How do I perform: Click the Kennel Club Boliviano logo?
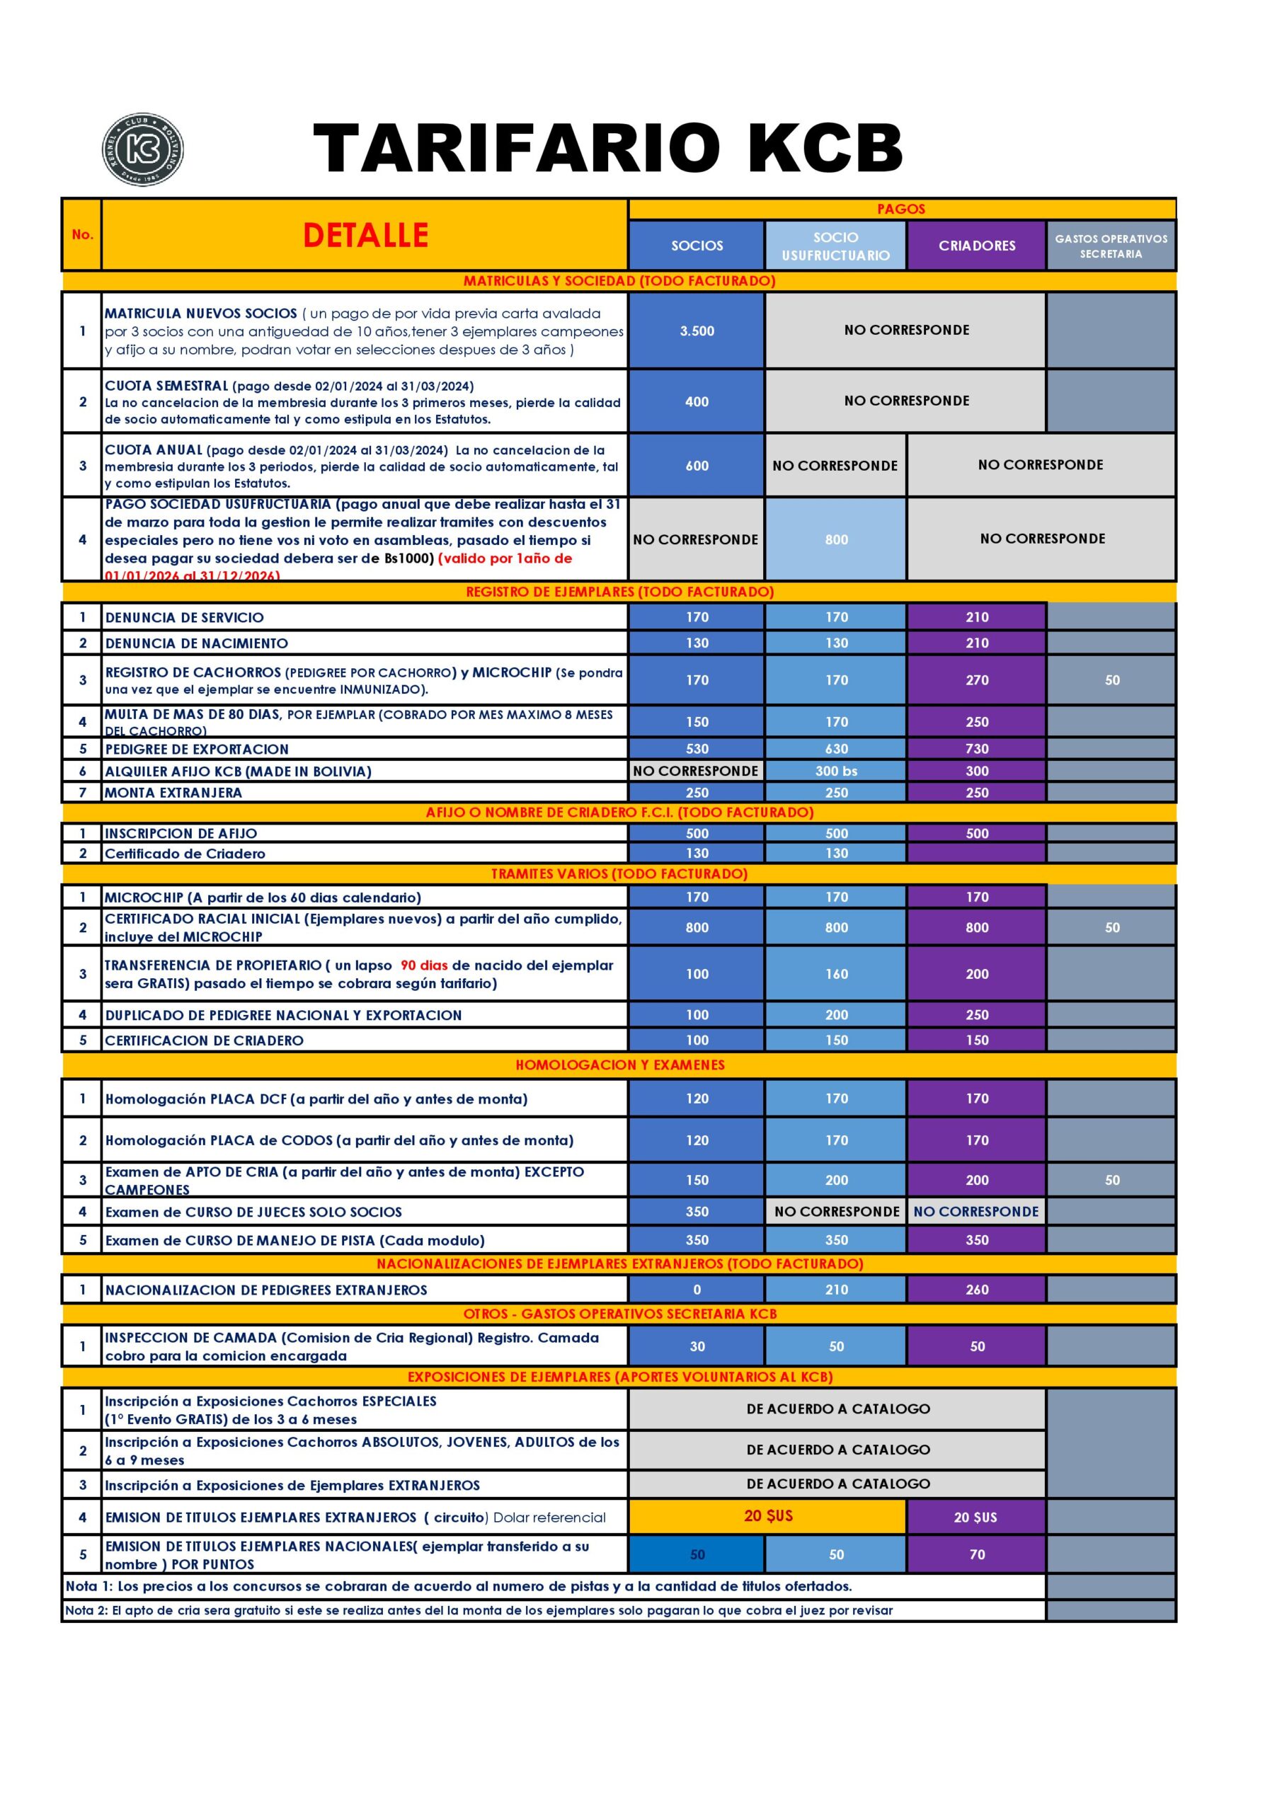coord(143,149)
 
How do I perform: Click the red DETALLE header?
coord(365,235)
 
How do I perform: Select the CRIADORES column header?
coord(976,246)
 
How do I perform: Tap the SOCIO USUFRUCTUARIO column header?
coord(835,246)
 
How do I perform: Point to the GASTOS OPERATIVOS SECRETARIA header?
coord(1111,246)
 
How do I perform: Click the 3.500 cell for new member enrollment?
coord(697,331)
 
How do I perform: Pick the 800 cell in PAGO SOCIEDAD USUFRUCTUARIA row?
coord(836,540)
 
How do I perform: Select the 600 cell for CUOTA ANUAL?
coord(697,466)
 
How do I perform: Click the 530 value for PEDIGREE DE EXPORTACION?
coord(697,748)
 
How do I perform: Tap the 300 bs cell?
coord(836,771)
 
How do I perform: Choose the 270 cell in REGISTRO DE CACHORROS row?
coord(976,679)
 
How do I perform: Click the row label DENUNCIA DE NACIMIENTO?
coord(197,643)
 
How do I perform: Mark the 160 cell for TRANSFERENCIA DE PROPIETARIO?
coord(836,974)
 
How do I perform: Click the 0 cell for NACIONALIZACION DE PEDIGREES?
coord(697,1290)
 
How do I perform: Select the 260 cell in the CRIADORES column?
coord(976,1290)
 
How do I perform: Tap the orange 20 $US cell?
coord(767,1516)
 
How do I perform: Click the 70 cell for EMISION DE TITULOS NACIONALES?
coord(976,1554)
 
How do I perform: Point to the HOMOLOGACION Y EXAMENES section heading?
coord(619,1065)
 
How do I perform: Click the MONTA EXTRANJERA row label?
coord(173,792)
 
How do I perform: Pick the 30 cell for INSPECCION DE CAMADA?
coord(697,1346)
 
